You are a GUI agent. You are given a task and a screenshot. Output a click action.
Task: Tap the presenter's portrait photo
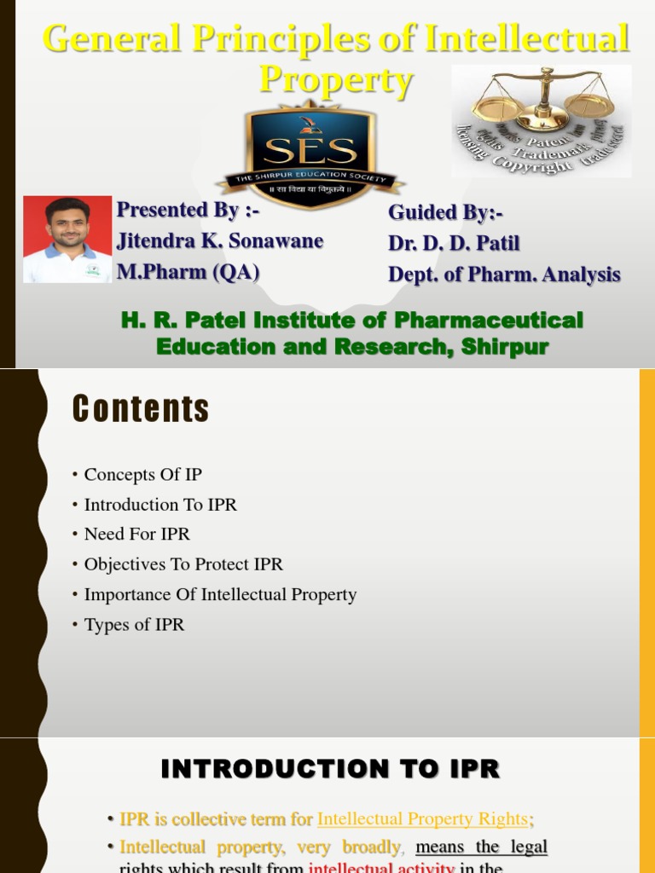coord(67,240)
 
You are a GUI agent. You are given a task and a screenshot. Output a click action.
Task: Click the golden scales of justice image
coord(542,119)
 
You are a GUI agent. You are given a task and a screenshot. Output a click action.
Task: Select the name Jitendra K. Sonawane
coord(220,241)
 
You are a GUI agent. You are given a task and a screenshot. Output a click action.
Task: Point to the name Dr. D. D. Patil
coord(454,244)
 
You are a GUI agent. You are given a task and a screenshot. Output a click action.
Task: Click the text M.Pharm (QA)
coord(188,272)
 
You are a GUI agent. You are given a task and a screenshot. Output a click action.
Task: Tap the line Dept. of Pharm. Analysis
coord(504,275)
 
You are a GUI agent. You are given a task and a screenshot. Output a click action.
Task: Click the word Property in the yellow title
coord(336,82)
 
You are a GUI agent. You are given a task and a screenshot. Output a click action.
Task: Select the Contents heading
coord(141,410)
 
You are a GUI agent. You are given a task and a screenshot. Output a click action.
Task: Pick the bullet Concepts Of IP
coord(142,475)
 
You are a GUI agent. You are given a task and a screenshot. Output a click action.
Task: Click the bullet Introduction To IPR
coord(160,505)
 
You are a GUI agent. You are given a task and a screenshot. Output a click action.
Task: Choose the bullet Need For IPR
coord(136,535)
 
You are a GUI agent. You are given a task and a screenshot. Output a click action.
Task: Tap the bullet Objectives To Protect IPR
coord(183,564)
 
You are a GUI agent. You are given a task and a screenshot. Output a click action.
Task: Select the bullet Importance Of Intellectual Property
coord(220,595)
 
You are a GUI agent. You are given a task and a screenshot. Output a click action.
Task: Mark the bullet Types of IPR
coord(134,625)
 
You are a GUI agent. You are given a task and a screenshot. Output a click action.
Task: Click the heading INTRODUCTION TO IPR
coord(330,770)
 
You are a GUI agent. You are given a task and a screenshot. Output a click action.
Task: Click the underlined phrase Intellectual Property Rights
coord(422,819)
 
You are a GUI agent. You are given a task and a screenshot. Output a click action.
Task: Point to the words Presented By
coord(177,210)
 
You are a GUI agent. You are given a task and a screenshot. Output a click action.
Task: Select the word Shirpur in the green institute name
coord(502,347)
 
